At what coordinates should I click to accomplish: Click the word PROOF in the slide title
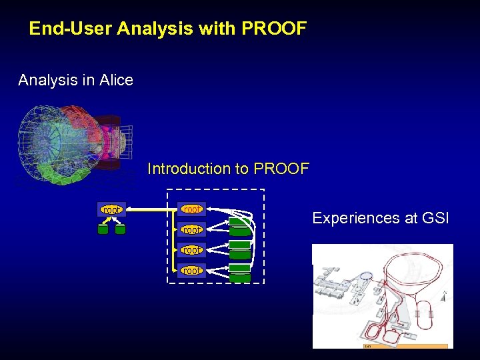(x=274, y=29)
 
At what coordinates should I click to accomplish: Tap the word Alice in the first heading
(x=116, y=81)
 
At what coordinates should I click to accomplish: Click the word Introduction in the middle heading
(x=189, y=169)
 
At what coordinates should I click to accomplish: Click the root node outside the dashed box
(x=111, y=210)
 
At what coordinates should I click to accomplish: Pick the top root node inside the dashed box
(x=191, y=209)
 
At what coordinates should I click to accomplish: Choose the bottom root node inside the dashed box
(x=191, y=270)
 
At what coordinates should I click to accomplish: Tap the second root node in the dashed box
(x=191, y=229)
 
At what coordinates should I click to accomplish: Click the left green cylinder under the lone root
(x=103, y=229)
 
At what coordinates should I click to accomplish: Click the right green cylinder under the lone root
(x=120, y=229)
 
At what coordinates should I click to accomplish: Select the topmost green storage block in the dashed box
(x=240, y=223)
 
